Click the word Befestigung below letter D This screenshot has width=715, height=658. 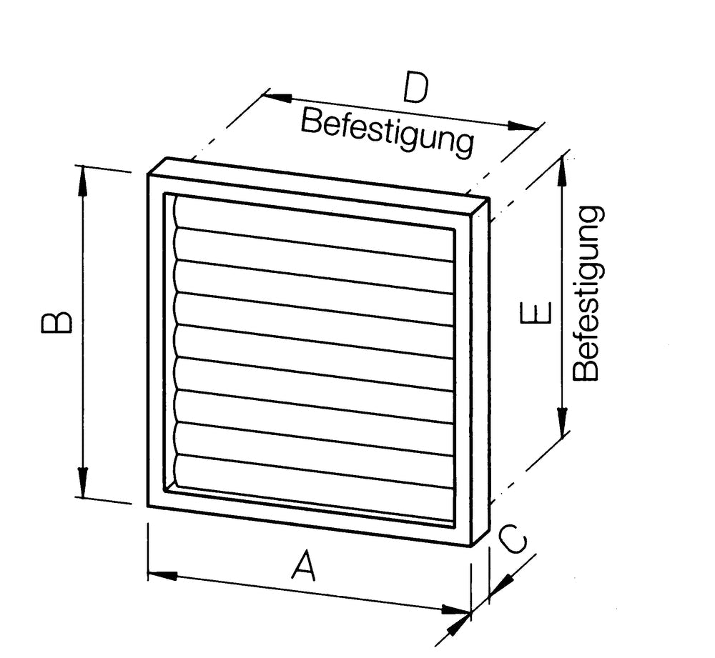(x=387, y=131)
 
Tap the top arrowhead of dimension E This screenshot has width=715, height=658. (x=562, y=168)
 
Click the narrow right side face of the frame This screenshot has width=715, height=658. (x=480, y=372)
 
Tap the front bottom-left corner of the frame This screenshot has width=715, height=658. (x=149, y=504)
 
